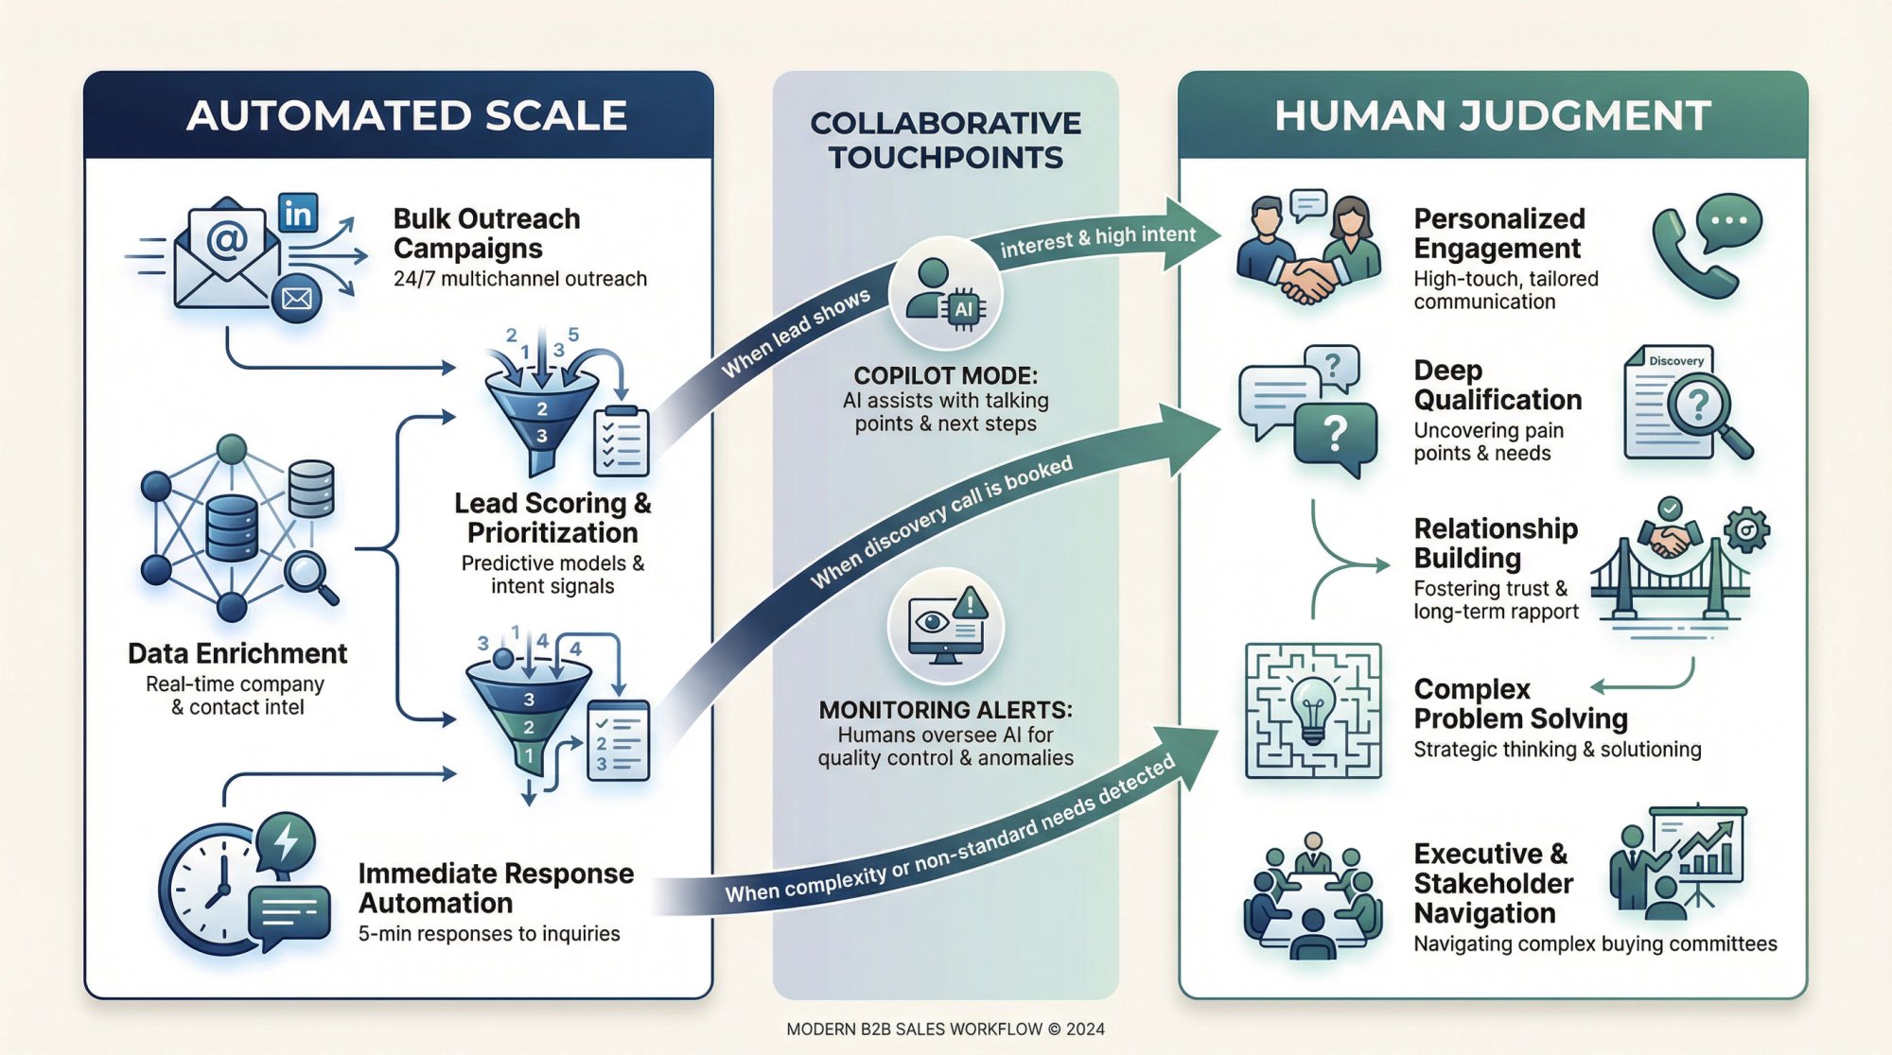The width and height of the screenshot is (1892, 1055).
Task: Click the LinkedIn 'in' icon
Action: click(x=298, y=214)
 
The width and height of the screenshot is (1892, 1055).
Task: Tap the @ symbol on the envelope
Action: click(x=227, y=239)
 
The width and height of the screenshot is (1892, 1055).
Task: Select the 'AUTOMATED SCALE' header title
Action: click(x=407, y=115)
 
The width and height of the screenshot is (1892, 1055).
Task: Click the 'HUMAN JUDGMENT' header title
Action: click(x=1492, y=115)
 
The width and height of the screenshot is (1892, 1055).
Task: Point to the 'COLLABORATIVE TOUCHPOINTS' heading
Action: click(x=945, y=140)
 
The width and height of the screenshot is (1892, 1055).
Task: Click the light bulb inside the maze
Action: click(x=1313, y=704)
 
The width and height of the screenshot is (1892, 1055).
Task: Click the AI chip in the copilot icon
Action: click(x=963, y=309)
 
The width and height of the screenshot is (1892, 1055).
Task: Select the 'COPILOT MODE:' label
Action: click(x=945, y=375)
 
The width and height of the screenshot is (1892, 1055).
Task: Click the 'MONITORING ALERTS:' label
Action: click(x=945, y=709)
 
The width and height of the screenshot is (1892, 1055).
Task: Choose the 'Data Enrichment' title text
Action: click(x=237, y=653)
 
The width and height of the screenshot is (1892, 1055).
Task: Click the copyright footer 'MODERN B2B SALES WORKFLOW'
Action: click(x=945, y=1029)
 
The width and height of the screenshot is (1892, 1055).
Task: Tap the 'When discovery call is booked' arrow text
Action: click(x=941, y=522)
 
